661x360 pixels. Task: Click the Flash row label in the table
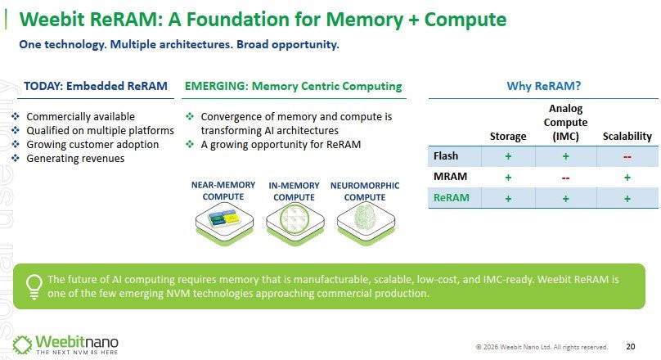click(x=446, y=156)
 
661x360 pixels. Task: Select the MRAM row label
click(x=450, y=176)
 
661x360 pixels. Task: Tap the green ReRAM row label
click(x=451, y=197)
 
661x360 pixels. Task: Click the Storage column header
click(x=508, y=136)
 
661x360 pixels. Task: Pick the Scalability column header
click(x=627, y=136)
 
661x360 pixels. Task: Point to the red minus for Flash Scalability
click(x=627, y=157)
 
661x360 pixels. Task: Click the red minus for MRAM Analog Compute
click(x=566, y=178)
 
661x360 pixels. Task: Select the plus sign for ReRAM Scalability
click(x=627, y=199)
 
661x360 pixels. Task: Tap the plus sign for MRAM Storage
click(x=508, y=178)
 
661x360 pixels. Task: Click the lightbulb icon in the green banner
click(x=34, y=286)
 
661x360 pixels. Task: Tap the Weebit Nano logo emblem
click(x=22, y=344)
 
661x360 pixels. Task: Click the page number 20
click(x=631, y=347)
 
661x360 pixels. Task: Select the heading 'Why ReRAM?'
click(x=544, y=86)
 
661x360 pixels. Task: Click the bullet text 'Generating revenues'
click(x=75, y=159)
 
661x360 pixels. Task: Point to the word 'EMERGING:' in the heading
click(x=217, y=86)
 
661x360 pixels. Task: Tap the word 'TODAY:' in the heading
click(x=43, y=86)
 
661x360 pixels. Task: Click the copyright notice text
click(x=542, y=347)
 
